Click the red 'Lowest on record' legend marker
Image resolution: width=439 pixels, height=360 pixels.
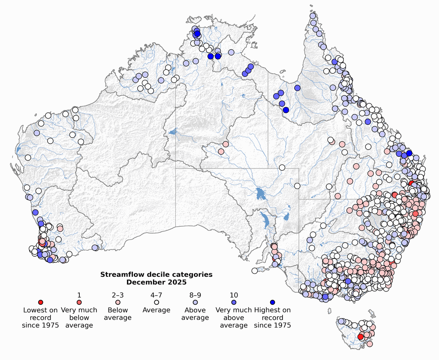(41, 302)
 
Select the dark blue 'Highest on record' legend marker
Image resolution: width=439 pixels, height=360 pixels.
(272, 302)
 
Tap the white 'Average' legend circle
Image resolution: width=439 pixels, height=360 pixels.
(156, 302)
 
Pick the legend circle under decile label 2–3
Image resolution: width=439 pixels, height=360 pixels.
(118, 302)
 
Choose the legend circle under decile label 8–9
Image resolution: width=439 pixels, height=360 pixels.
(195, 302)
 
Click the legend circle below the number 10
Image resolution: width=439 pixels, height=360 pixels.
(234, 302)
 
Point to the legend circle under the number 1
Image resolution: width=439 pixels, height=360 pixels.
(79, 302)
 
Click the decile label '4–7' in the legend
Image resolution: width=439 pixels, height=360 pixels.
(156, 295)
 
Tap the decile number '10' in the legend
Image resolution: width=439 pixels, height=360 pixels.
(234, 295)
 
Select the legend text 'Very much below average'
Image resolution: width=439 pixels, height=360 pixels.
(79, 318)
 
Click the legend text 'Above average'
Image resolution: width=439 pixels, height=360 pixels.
(195, 314)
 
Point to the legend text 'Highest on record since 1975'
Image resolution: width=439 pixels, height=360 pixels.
(272, 318)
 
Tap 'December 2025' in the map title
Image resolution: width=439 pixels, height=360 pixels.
(156, 282)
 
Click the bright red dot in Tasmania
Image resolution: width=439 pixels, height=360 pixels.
(361, 337)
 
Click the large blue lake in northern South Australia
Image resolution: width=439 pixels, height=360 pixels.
(259, 193)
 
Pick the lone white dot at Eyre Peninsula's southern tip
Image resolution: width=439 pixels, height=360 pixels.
(255, 270)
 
